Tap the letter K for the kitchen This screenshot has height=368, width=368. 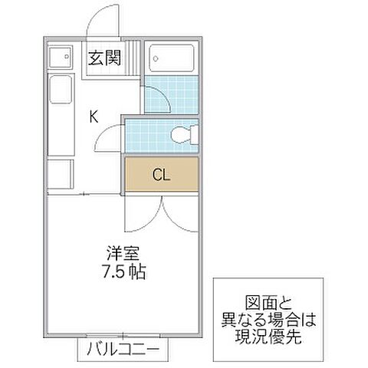point(93,117)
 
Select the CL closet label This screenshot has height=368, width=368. point(160,175)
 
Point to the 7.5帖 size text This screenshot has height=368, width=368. point(123,271)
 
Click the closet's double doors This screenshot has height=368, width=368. point(160,213)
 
